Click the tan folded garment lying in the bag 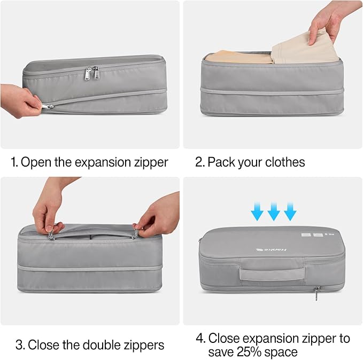(239, 57)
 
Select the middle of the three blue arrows (274, 213)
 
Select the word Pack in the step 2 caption (220, 162)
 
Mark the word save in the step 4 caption (222, 353)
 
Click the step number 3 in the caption (19, 345)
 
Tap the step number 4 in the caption (199, 338)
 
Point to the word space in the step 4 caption (283, 353)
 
